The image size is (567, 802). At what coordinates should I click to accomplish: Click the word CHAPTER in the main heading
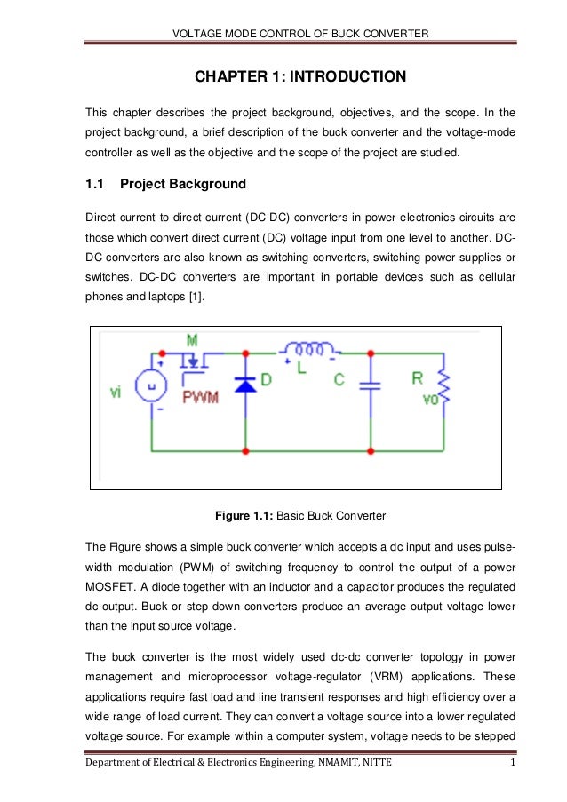click(234, 78)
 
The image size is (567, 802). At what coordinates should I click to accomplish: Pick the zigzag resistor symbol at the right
click(443, 388)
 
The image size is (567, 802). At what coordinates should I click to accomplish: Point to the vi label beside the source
click(116, 393)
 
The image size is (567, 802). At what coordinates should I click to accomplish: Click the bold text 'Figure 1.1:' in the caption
click(246, 514)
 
